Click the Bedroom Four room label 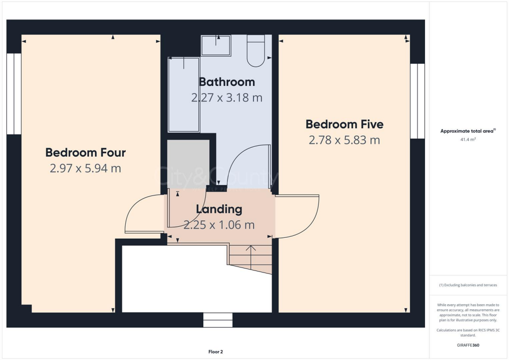click(x=85, y=152)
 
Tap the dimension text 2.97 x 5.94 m click(x=85, y=169)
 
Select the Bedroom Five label click(x=344, y=124)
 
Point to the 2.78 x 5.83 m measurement click(x=344, y=140)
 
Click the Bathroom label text click(x=227, y=82)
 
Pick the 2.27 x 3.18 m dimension click(x=227, y=97)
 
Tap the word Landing click(x=219, y=209)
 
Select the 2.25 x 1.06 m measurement click(x=219, y=225)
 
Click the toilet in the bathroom click(x=257, y=51)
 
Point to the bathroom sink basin click(x=216, y=46)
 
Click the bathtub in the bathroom click(x=183, y=94)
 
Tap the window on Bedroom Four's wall click(x=14, y=94)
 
